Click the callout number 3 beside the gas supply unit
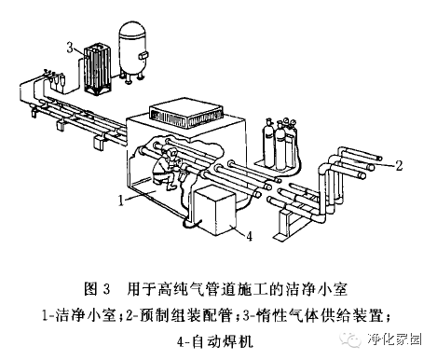pos(70,48)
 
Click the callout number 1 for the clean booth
pos(121,201)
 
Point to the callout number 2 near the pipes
pos(399,165)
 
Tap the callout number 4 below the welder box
pos(250,236)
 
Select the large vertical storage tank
pos(132,53)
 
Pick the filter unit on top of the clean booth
pos(186,113)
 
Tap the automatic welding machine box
pos(214,211)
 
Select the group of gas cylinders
pos(280,144)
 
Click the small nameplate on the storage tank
pos(143,56)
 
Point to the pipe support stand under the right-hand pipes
pos(287,223)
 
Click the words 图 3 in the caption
pos(97,289)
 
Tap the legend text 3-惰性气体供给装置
pos(312,315)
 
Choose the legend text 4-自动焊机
pos(215,342)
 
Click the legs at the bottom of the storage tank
pos(132,78)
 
